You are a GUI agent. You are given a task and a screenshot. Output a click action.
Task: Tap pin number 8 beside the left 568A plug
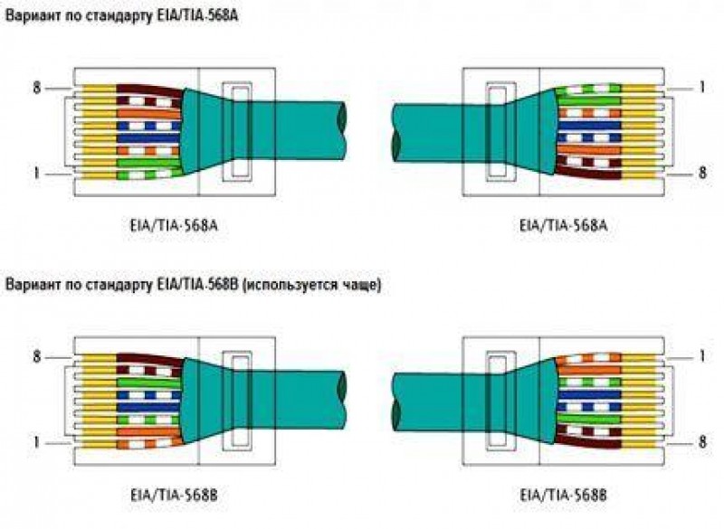(x=38, y=88)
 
